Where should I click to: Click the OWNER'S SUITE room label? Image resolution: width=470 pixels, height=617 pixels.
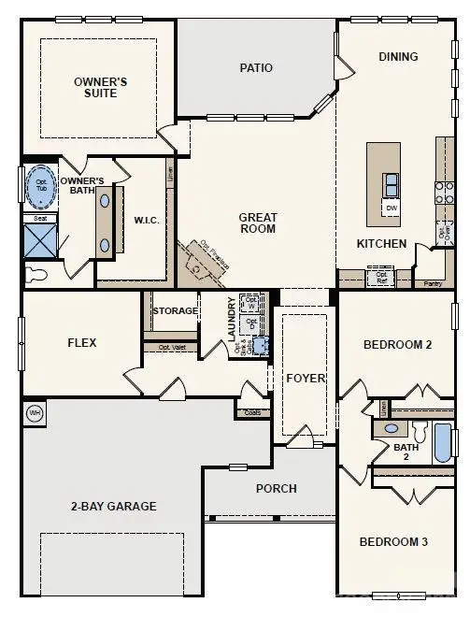[x=100, y=88]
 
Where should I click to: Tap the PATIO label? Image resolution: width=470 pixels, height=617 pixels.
[x=256, y=67]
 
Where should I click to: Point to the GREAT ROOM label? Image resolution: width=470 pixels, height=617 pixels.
[x=257, y=222]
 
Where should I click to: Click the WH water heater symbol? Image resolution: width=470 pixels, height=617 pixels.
[x=36, y=411]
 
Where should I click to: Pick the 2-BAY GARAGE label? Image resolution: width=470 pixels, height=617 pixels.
[x=113, y=507]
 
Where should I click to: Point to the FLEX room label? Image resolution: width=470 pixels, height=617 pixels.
[x=81, y=343]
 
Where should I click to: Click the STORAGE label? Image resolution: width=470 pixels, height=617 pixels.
[x=176, y=310]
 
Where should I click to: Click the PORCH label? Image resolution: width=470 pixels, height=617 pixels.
[x=277, y=488]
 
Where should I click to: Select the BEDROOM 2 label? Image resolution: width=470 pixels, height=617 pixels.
[x=397, y=345]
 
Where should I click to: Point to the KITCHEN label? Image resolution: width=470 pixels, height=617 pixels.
[x=381, y=244]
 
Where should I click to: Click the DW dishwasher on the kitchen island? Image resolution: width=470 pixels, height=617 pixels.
[x=392, y=208]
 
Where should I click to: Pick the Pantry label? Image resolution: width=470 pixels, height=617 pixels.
[x=432, y=282]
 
